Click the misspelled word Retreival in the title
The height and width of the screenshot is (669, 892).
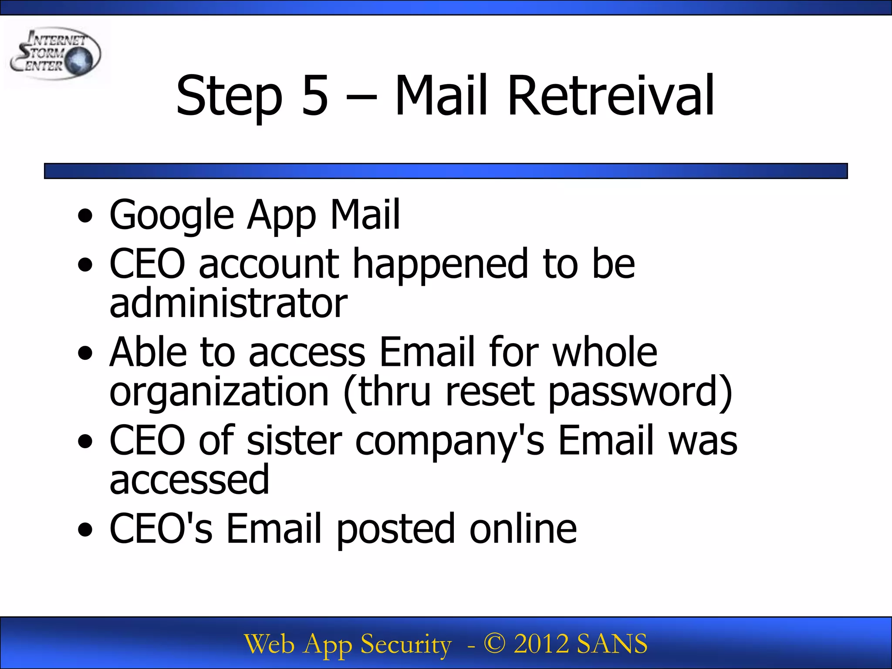tap(611, 96)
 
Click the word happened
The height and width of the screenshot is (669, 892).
tap(440, 264)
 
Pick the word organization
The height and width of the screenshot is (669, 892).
tap(219, 392)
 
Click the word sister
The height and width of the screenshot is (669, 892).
tap(294, 440)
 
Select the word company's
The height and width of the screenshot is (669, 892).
tap(450, 441)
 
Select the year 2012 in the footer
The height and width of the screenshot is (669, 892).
tap(541, 644)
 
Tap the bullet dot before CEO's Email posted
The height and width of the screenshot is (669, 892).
tap(85, 530)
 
